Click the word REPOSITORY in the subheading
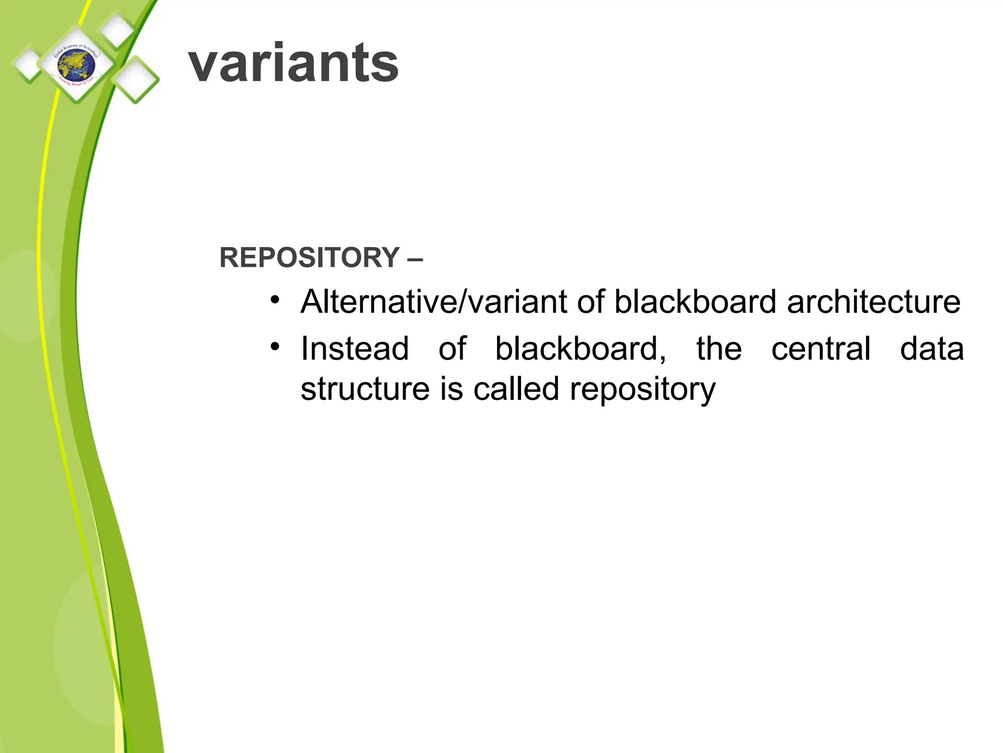pyautogui.click(x=310, y=257)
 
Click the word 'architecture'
pyautogui.click(x=873, y=302)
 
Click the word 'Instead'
pyautogui.click(x=355, y=349)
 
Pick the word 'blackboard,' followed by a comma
pyautogui.click(x=581, y=349)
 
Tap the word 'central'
pyautogui.click(x=821, y=349)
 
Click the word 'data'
pyautogui.click(x=932, y=349)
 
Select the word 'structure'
pyautogui.click(x=365, y=389)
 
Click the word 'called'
pyautogui.click(x=516, y=389)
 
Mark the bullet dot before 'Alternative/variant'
pyautogui.click(x=275, y=299)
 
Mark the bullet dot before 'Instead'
pyautogui.click(x=275, y=347)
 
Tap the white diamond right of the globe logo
pyautogui.click(x=135, y=79)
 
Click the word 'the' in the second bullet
pyautogui.click(x=719, y=349)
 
